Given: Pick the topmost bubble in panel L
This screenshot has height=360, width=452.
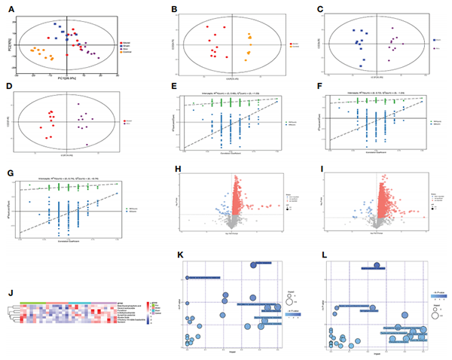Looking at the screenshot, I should (x=375, y=266).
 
